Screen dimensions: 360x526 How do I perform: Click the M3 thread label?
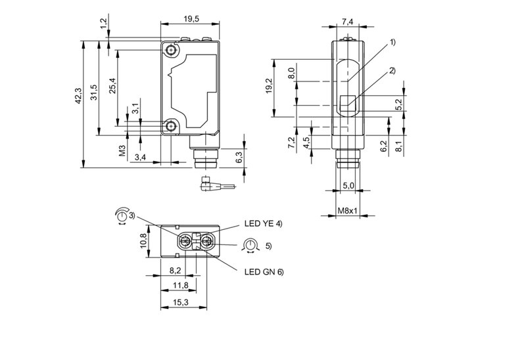(x=122, y=151)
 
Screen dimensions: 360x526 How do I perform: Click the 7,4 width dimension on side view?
(x=348, y=22)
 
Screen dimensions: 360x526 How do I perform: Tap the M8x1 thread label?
(x=347, y=211)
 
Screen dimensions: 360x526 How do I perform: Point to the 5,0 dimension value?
(x=348, y=187)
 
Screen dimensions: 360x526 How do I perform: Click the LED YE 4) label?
(x=263, y=224)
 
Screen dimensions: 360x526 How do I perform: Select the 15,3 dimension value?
(x=180, y=302)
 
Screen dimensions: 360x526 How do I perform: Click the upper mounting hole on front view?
(x=172, y=51)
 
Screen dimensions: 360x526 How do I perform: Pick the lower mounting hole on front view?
(x=172, y=126)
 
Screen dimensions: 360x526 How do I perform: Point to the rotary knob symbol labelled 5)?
(x=249, y=246)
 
